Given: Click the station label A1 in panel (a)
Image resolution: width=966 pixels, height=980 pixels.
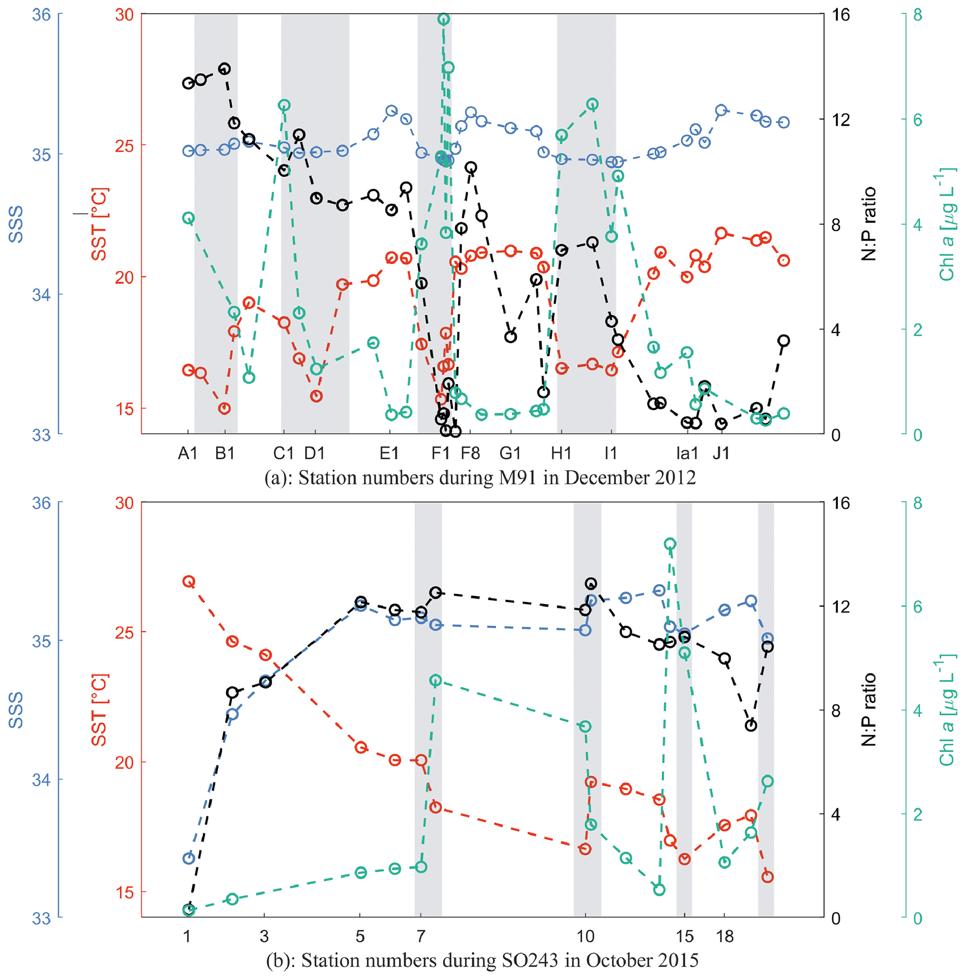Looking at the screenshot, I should point(187,453).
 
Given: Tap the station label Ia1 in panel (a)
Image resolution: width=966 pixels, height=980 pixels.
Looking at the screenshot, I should point(687,453).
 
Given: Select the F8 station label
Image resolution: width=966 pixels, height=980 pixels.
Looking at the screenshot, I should point(470,453).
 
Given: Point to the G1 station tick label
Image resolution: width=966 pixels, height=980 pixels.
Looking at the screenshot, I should point(510,453).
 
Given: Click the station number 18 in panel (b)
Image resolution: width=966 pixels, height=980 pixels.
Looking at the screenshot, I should point(725,936).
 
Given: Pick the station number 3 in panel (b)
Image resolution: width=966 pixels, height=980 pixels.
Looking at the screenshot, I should point(264,936).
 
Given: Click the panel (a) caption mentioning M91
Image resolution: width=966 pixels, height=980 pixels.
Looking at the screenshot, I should point(480,478).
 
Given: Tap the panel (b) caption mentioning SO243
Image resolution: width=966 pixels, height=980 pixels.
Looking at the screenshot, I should point(482,960).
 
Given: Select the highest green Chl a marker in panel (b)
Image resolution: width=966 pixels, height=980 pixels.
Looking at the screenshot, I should point(670,544).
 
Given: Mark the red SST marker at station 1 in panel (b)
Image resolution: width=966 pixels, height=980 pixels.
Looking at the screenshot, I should point(189,581).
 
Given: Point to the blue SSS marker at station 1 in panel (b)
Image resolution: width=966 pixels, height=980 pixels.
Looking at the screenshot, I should point(189,858).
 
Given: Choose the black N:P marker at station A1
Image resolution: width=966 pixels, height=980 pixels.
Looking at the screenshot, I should point(188,83).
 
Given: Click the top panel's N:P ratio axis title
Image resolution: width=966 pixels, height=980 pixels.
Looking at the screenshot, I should point(869,224).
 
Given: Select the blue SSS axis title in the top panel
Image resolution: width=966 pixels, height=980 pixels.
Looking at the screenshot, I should point(16,224).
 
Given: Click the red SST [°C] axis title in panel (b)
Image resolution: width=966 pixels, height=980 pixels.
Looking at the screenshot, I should point(100,710).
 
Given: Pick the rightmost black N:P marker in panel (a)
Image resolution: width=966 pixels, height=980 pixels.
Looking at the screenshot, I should point(784,341).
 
